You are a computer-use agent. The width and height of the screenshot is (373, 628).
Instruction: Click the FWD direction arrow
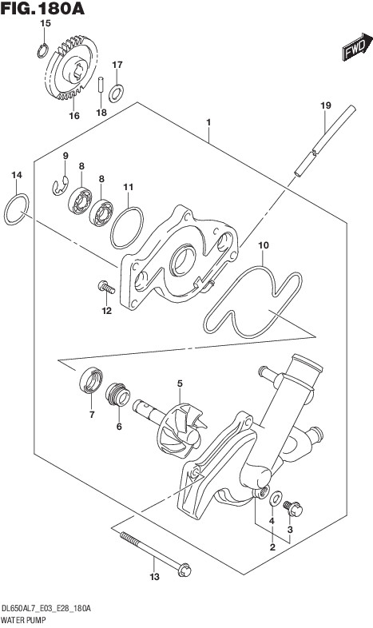click(x=357, y=47)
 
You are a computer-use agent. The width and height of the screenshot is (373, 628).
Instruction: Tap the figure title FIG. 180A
click(x=42, y=8)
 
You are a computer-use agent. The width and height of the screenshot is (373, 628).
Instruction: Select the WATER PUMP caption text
click(x=24, y=621)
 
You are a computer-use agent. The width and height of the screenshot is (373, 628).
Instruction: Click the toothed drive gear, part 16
click(x=72, y=67)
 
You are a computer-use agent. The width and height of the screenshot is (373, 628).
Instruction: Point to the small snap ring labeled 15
click(x=43, y=51)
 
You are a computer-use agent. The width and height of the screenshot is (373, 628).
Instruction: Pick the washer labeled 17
click(x=117, y=93)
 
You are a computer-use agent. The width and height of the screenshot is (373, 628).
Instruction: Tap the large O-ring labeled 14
click(x=17, y=209)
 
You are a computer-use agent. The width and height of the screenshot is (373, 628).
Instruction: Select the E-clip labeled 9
click(x=60, y=185)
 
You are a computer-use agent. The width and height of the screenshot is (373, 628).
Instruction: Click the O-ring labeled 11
click(x=127, y=228)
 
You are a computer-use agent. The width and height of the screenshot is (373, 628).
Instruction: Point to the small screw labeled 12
click(x=106, y=287)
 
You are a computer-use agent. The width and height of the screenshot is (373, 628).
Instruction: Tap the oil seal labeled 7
click(x=91, y=380)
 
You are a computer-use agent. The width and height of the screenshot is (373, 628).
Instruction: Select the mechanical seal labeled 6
click(x=118, y=394)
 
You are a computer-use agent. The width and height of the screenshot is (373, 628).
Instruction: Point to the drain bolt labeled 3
click(x=293, y=508)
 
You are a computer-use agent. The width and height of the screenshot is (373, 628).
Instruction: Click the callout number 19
click(x=326, y=105)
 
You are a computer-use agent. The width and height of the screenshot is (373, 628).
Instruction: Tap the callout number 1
click(x=208, y=122)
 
